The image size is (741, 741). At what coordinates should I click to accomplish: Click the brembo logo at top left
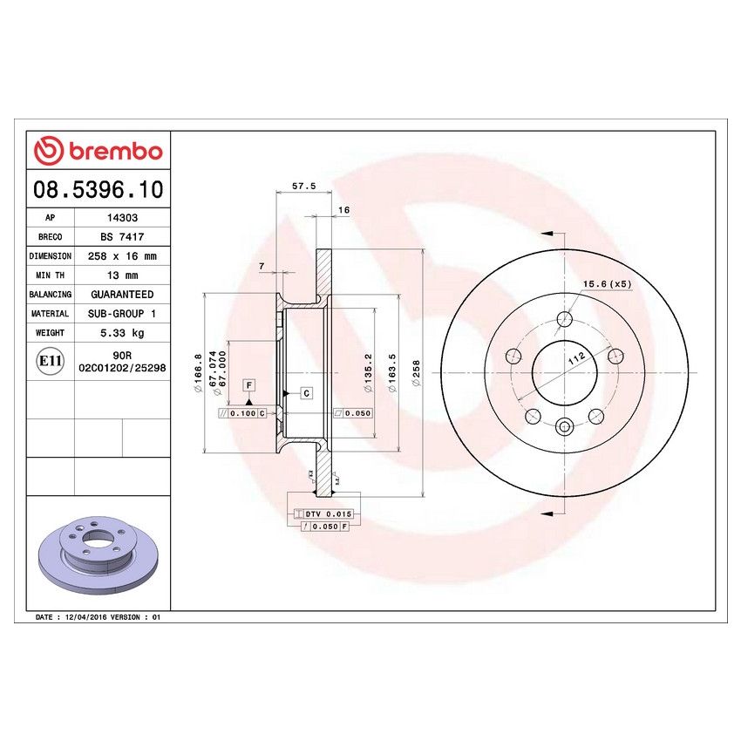coord(98,151)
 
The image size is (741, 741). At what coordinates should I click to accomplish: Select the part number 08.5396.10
coord(98,189)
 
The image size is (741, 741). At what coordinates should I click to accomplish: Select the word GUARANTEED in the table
coord(121,295)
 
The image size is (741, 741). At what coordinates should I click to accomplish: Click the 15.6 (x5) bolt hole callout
coord(607,284)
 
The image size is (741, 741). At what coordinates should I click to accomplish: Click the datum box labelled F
coord(248,384)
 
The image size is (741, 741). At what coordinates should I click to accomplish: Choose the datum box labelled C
coord(307,393)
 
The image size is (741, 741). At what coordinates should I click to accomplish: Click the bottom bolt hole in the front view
coord(564,426)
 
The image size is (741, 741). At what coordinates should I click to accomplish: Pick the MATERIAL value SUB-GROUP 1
coord(121,314)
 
